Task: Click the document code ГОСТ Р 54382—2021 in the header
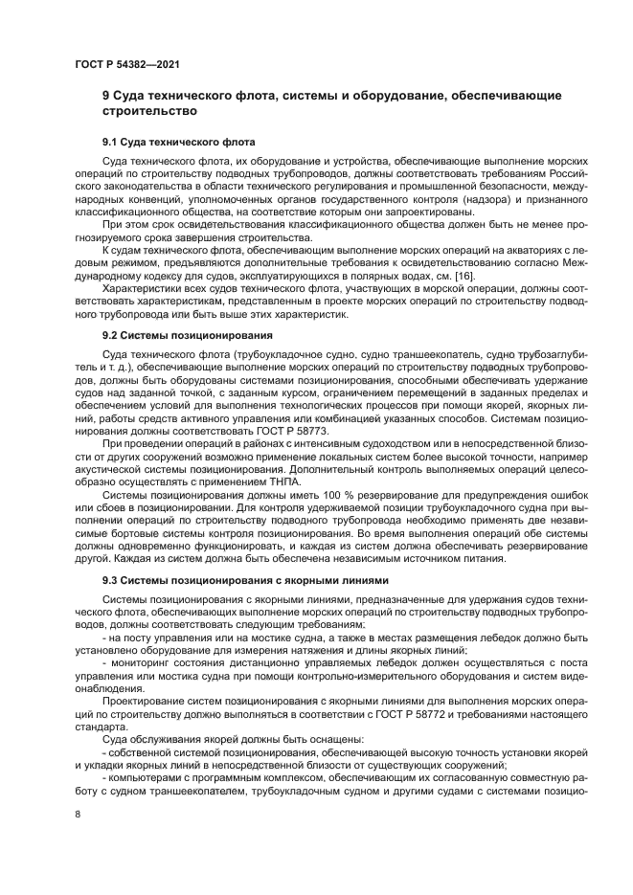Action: point(127,64)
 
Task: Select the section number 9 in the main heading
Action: point(106,96)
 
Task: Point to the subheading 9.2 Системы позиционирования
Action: point(175,336)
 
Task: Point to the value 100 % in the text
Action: point(294,495)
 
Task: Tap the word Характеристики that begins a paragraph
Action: point(140,288)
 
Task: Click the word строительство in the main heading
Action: point(144,111)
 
